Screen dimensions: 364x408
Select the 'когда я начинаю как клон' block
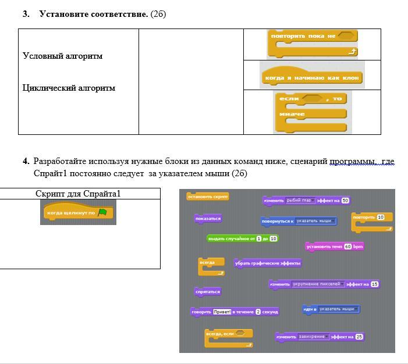tap(312, 77)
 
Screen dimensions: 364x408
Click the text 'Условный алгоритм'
tap(63, 56)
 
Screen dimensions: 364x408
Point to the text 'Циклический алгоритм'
tap(69, 88)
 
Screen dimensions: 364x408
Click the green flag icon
tap(103, 213)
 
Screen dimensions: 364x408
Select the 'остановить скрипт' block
tap(207, 197)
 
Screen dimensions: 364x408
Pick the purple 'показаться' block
tap(208, 219)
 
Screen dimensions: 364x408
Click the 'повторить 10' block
tap(371, 217)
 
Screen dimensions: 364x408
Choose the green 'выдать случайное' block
tap(243, 238)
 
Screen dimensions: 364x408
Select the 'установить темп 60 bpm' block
tap(335, 247)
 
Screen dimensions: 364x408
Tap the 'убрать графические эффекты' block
tap(268, 263)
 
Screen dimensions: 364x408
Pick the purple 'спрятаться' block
tap(208, 291)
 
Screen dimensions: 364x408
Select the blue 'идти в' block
tap(331, 309)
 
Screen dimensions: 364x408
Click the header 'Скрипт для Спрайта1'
tap(78, 194)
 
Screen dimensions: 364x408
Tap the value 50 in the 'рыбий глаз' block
tap(345, 201)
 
